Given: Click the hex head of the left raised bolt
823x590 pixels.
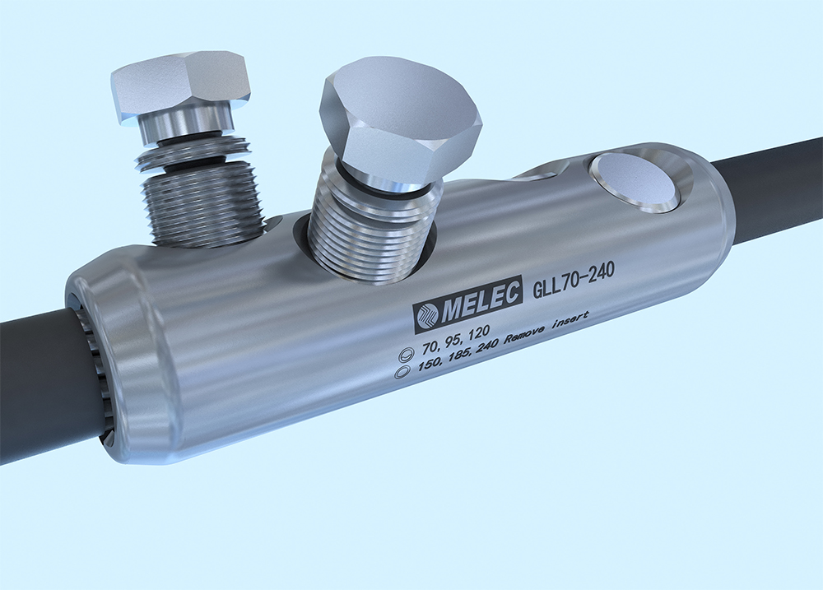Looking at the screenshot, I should (180, 82).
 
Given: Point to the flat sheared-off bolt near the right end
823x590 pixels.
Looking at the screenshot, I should (634, 179).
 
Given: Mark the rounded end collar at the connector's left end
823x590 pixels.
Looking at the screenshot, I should (123, 354).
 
